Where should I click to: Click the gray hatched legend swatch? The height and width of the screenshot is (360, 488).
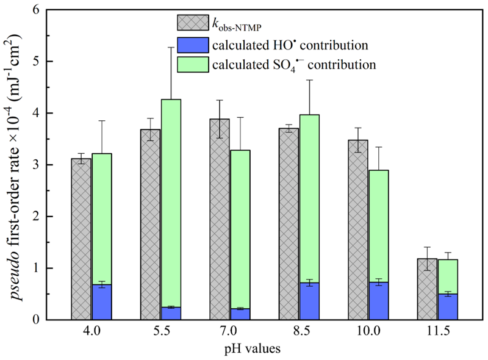(x=191, y=23)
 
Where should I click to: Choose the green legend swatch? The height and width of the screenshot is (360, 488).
(x=191, y=63)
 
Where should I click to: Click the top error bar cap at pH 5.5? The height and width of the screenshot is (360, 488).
(x=171, y=47)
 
